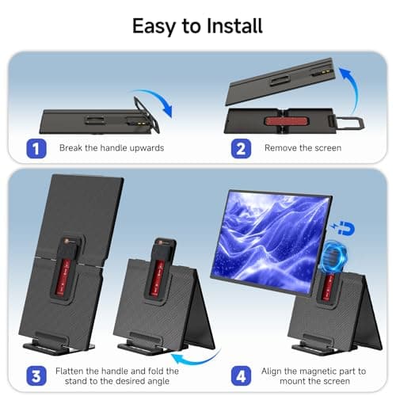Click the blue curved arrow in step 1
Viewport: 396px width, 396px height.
click(162, 101)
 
